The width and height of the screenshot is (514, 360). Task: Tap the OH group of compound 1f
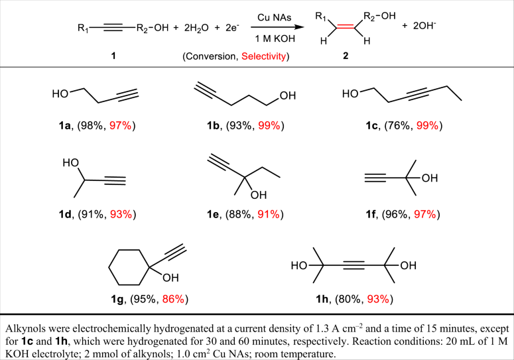pos(428,178)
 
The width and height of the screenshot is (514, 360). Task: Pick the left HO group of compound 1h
pos(302,267)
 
